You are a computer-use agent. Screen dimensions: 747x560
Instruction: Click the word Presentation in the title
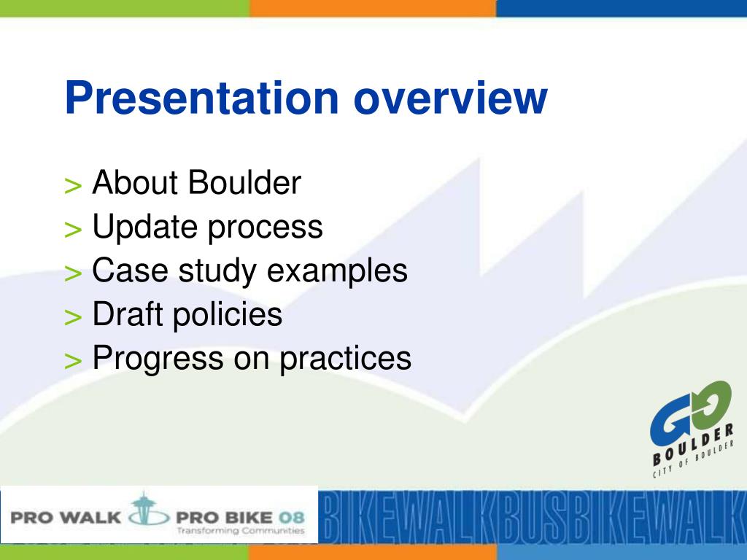tap(201, 98)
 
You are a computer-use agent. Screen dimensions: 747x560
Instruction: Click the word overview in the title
tap(450, 98)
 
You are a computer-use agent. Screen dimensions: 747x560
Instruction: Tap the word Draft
tap(127, 314)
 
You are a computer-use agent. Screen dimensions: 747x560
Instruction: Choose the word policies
tap(228, 316)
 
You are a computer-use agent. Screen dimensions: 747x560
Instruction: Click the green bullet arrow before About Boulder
tap(73, 186)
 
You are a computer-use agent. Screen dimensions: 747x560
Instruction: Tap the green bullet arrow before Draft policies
tap(73, 317)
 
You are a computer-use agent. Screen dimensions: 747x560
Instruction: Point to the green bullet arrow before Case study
tap(73, 273)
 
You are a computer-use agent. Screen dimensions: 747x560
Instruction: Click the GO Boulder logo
tap(692, 429)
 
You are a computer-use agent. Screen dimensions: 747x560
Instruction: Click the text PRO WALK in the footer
tap(66, 517)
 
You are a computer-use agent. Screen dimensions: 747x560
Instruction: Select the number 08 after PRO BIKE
tap(291, 517)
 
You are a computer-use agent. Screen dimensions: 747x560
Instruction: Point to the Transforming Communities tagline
tap(241, 531)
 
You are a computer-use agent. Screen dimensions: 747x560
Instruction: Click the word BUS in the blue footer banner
tap(528, 517)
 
